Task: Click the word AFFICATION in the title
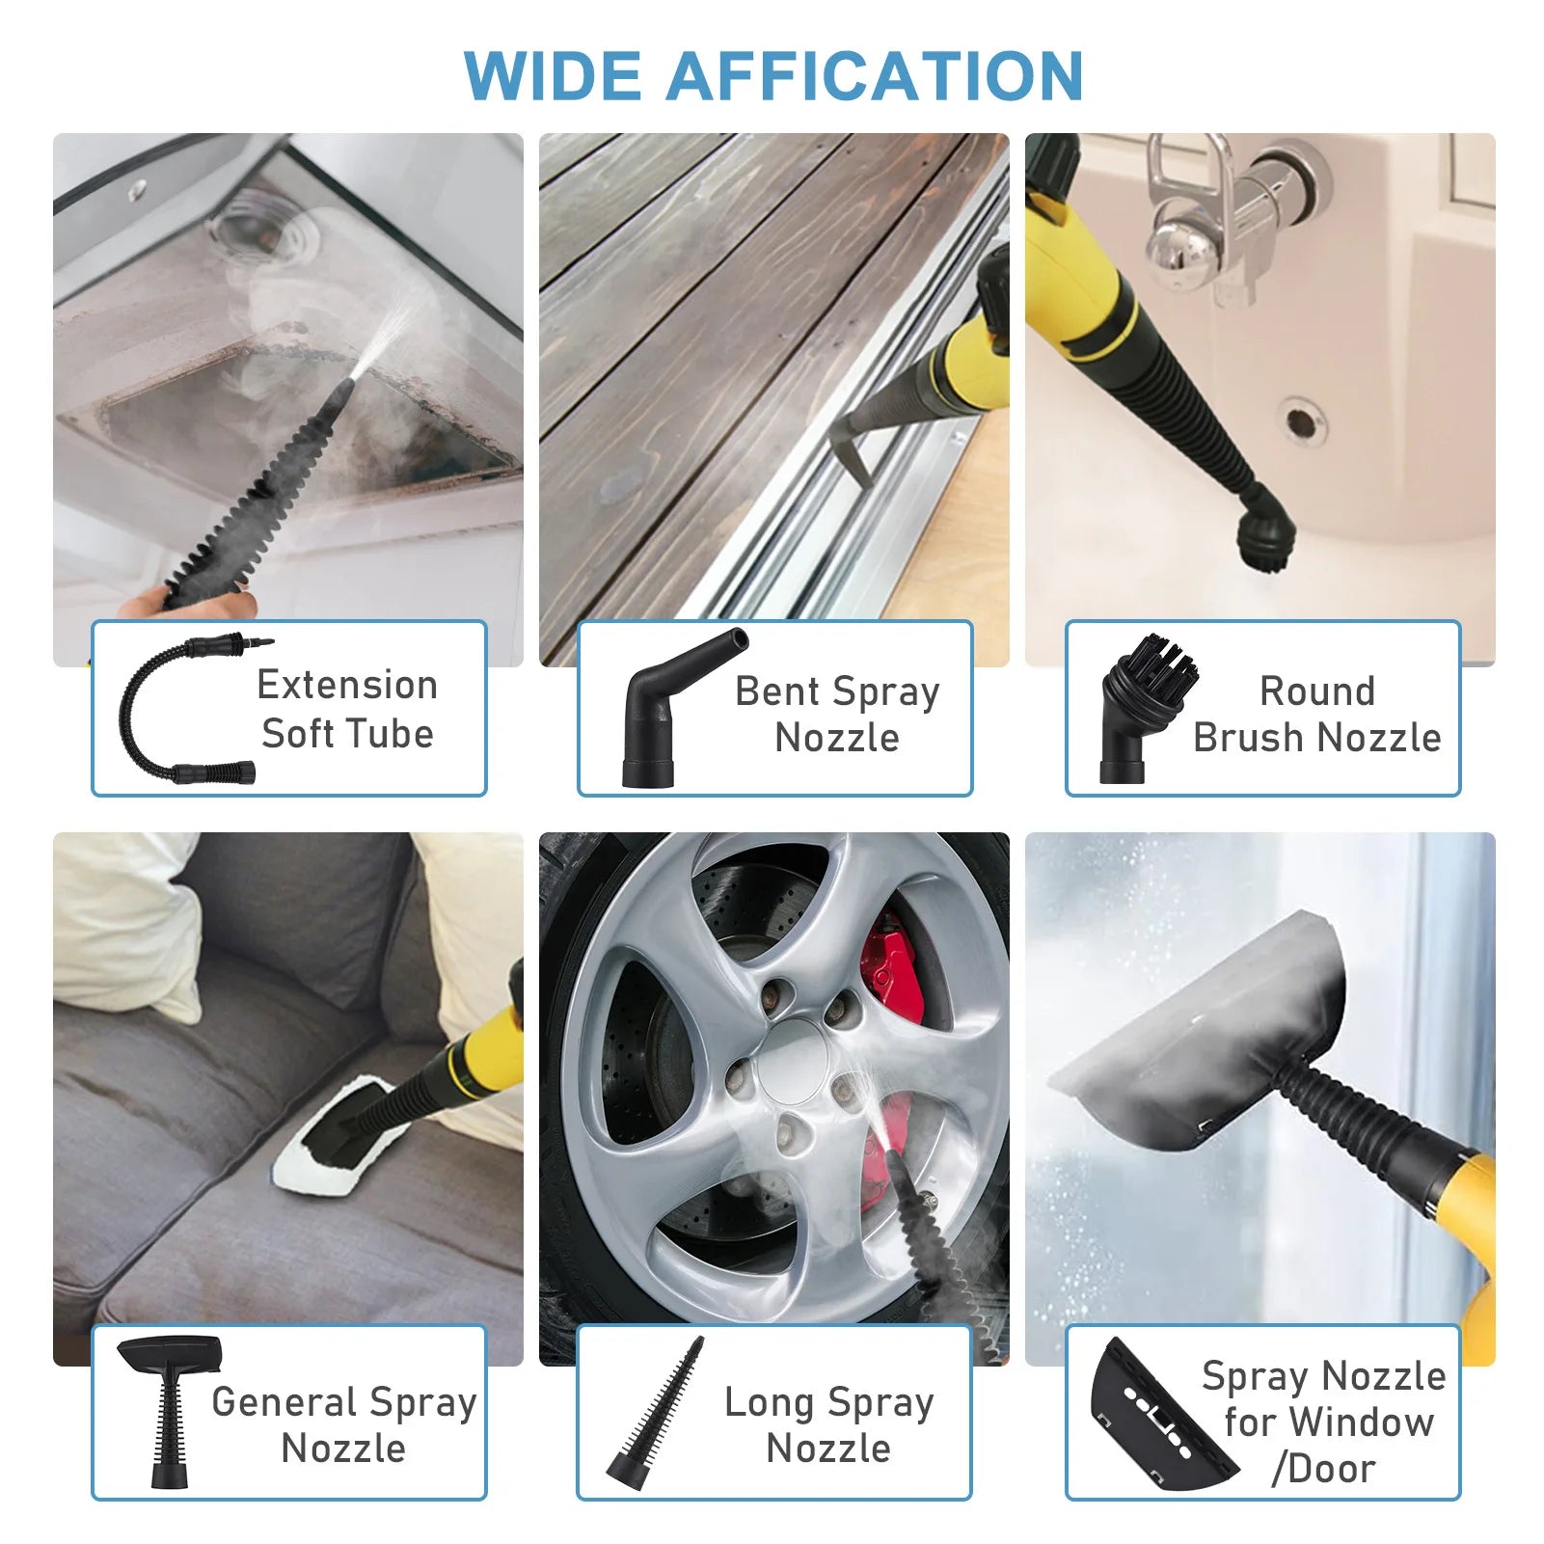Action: pyautogui.click(x=875, y=75)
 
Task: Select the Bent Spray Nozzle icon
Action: pyautogui.click(x=675, y=709)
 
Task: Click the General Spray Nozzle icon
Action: pyautogui.click(x=170, y=1408)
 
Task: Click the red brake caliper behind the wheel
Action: pyautogui.click(x=892, y=964)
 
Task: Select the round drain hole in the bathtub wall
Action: pyautogui.click(x=1299, y=421)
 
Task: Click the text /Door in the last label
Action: pyautogui.click(x=1323, y=1468)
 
